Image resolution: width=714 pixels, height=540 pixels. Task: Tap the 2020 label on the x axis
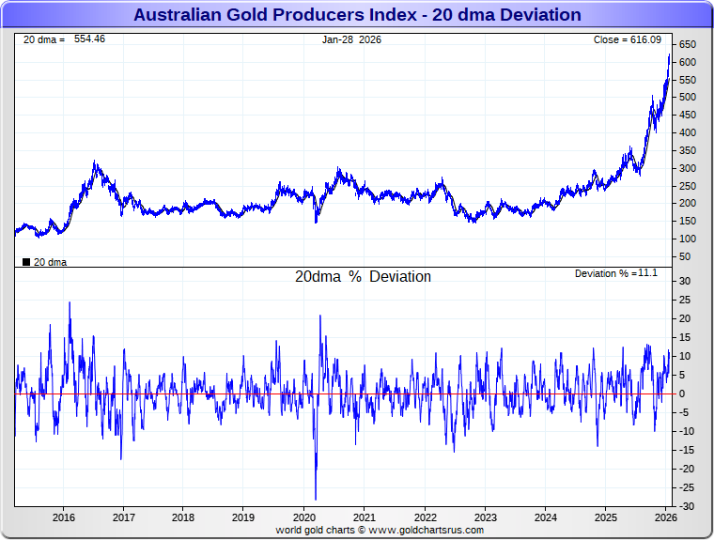click(x=304, y=517)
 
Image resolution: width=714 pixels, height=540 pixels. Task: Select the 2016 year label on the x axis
click(x=64, y=517)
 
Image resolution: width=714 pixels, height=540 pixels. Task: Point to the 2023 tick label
click(x=485, y=517)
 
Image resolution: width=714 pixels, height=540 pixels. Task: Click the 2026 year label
click(x=665, y=517)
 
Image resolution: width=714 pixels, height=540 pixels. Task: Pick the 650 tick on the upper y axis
click(x=687, y=45)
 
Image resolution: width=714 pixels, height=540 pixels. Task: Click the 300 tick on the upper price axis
click(x=687, y=168)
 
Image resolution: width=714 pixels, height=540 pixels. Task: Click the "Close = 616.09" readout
click(x=628, y=39)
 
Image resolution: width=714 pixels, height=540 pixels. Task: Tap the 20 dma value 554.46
click(x=89, y=39)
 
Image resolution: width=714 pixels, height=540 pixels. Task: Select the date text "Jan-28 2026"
click(x=352, y=39)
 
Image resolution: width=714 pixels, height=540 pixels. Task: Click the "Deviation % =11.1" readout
click(x=616, y=273)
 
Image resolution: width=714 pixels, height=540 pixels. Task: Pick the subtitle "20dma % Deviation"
click(x=363, y=277)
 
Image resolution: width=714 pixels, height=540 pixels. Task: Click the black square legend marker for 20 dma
click(x=25, y=262)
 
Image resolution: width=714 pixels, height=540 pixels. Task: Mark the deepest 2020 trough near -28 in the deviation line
click(x=316, y=499)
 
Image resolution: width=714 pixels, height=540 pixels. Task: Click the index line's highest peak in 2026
click(x=669, y=55)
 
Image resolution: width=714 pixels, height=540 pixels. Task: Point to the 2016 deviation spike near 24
click(x=70, y=303)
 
